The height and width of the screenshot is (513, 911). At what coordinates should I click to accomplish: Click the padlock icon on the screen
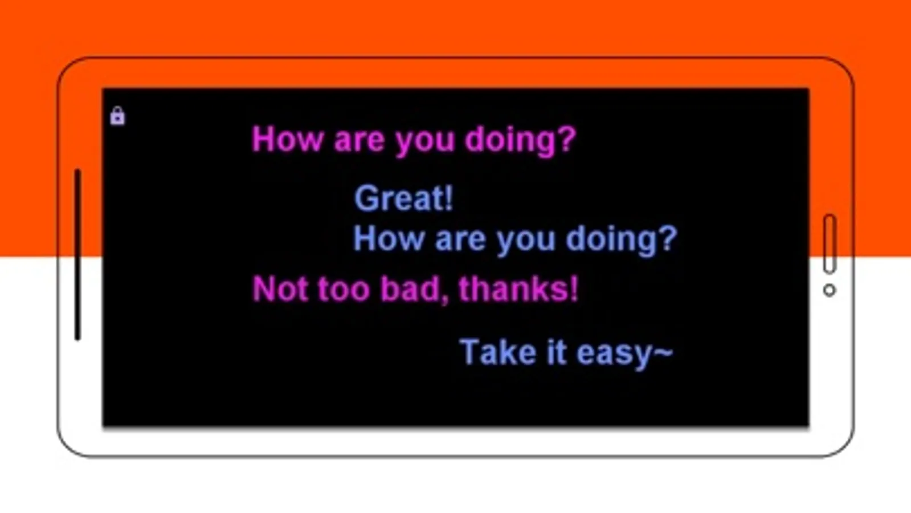(x=117, y=116)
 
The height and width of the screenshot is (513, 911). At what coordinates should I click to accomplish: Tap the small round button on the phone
(x=830, y=291)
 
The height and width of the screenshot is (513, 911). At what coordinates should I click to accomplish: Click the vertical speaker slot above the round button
(x=830, y=244)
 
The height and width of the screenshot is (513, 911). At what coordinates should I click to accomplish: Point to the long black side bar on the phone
(x=77, y=255)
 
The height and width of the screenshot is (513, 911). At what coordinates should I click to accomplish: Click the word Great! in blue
(x=403, y=198)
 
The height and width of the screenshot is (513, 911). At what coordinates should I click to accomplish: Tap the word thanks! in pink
(x=518, y=288)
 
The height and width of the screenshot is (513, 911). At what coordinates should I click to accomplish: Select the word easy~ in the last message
(x=625, y=353)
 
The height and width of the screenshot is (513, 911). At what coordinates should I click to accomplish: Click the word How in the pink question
(x=288, y=139)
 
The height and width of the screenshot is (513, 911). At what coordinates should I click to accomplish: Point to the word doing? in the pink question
(x=521, y=140)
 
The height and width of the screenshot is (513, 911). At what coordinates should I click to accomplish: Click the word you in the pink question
(x=425, y=142)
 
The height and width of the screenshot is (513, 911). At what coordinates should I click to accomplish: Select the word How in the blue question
(x=389, y=238)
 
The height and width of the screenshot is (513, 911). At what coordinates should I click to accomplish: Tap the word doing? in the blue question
(x=622, y=239)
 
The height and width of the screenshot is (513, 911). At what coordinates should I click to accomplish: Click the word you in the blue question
(x=526, y=242)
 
